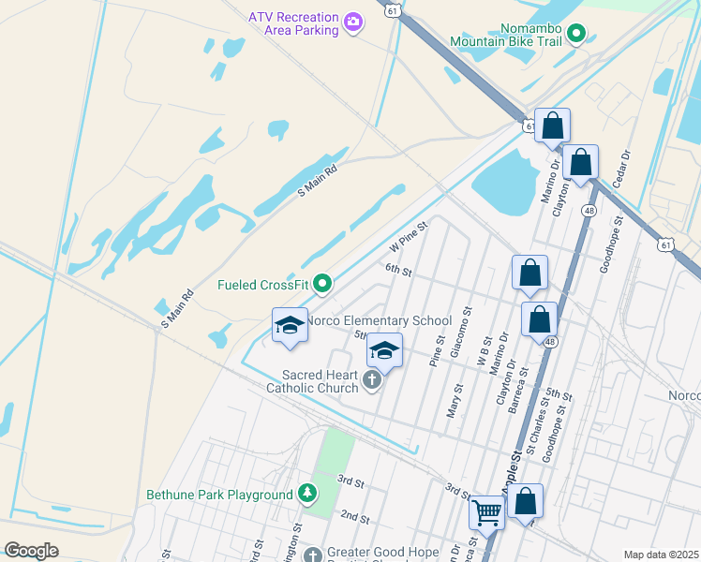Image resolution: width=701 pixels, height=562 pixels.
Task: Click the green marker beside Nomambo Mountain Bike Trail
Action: [x=577, y=36]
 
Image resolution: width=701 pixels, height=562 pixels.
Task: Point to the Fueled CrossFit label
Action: [x=263, y=285]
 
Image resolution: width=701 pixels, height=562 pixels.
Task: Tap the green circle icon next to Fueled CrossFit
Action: [x=323, y=282]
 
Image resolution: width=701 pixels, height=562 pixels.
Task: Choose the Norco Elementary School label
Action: [x=380, y=321]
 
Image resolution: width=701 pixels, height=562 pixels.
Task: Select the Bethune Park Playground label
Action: [x=219, y=495]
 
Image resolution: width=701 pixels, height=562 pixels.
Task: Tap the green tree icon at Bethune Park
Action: [x=306, y=493]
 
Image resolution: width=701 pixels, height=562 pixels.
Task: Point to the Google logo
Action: [x=31, y=551]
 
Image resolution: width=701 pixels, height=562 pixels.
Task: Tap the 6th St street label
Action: [x=399, y=271]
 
